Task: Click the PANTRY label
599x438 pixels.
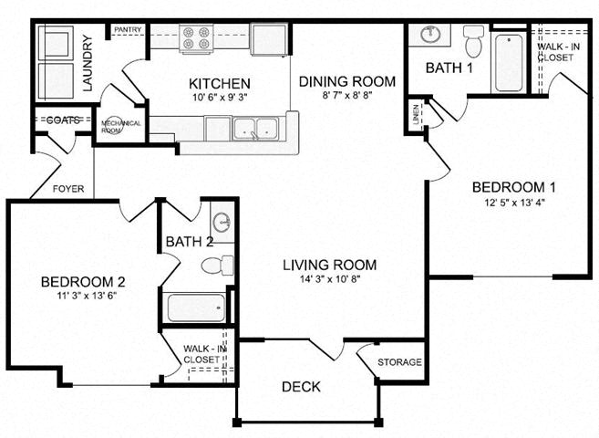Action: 126,30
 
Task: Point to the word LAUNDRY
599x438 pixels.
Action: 88,63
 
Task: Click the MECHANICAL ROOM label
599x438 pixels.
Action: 120,126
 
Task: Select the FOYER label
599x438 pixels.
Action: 68,190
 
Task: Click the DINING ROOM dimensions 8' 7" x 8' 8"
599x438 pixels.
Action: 347,97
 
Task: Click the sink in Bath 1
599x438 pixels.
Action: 431,36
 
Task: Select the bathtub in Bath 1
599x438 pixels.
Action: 509,62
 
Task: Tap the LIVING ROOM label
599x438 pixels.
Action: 329,265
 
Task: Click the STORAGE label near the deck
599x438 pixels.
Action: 399,362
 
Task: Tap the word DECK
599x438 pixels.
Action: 301,386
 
